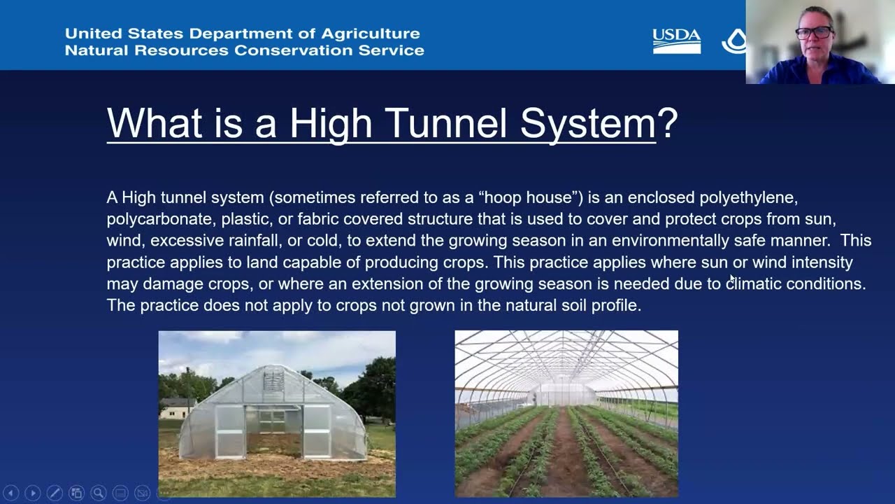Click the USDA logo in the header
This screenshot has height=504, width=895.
[676, 41]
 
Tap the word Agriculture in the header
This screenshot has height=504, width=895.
[371, 34]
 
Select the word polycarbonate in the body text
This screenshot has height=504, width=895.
[160, 220]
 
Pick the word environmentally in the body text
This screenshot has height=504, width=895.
[670, 241]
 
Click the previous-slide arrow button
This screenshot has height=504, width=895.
[11, 493]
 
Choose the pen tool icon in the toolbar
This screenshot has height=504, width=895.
[55, 493]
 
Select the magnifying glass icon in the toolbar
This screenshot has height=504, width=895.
[99, 493]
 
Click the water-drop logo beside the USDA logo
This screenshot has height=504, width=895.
[734, 41]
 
